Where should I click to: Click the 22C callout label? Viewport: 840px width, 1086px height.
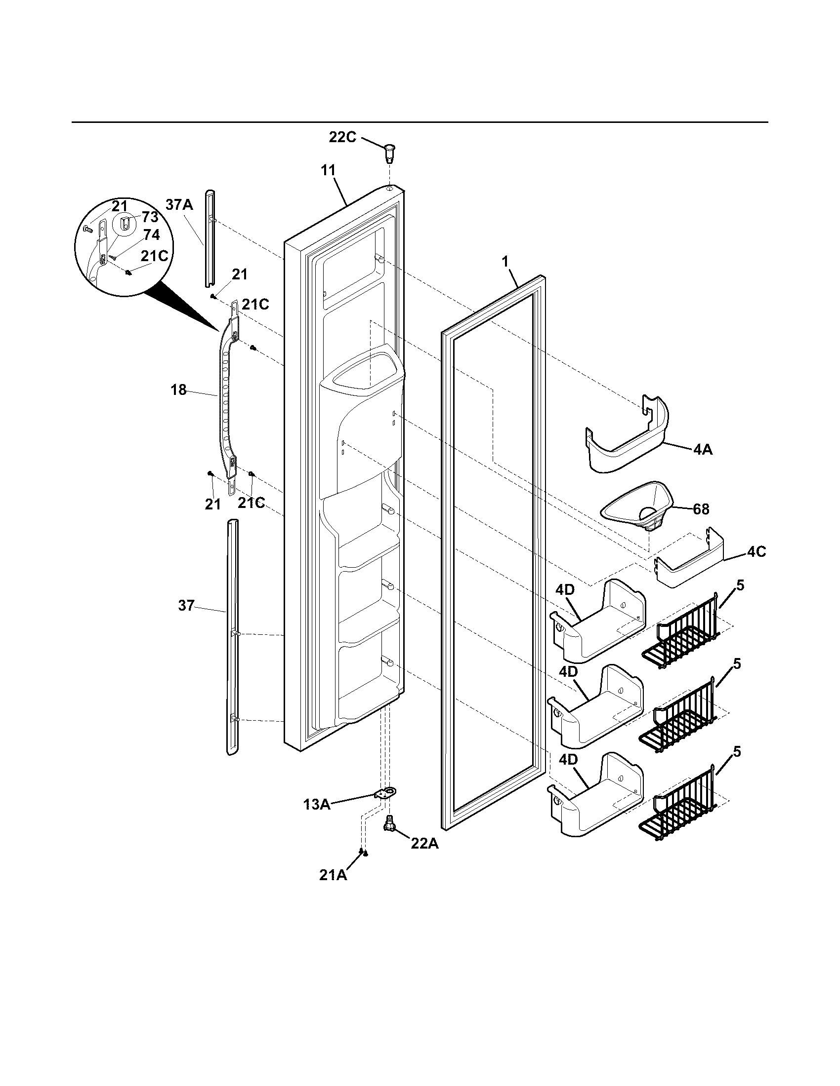click(342, 137)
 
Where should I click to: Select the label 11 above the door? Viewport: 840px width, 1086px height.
click(328, 170)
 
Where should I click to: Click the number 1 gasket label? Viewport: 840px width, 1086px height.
click(505, 262)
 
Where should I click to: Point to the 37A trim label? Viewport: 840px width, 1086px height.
click(179, 204)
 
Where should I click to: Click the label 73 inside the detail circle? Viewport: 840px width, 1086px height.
click(150, 217)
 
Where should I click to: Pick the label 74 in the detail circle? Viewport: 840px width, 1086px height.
click(151, 235)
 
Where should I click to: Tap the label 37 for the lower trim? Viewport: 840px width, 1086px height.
click(186, 606)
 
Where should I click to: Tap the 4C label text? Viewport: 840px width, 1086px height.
click(756, 551)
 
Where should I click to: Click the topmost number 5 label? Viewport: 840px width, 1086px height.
click(741, 586)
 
